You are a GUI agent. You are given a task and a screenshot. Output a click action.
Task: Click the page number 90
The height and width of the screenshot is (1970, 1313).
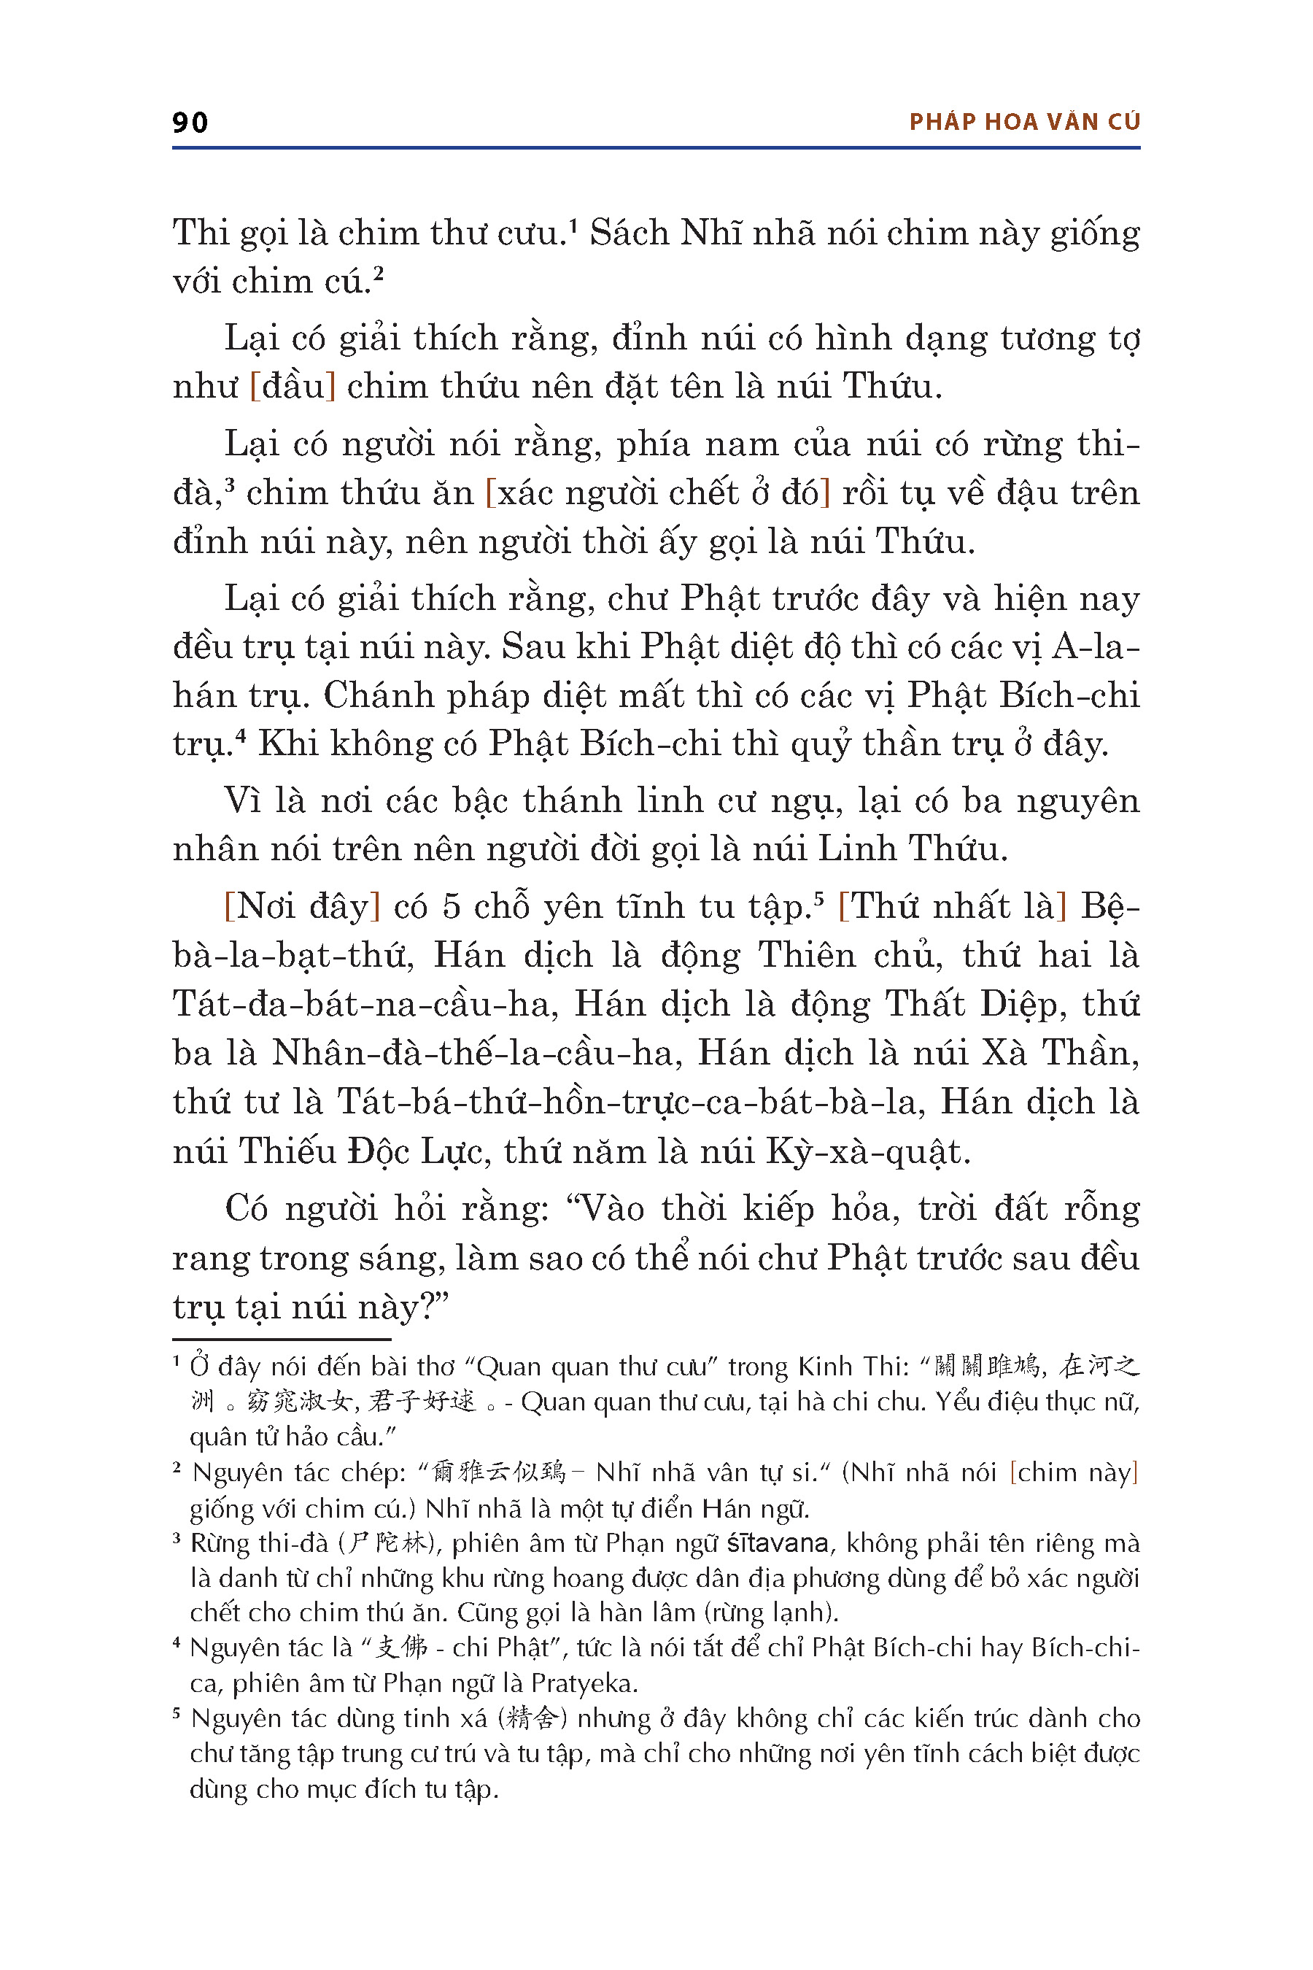(190, 123)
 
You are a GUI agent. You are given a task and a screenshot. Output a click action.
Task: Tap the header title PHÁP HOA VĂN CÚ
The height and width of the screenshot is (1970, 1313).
(1024, 123)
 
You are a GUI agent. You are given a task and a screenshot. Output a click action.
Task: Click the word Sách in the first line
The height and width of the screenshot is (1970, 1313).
(629, 233)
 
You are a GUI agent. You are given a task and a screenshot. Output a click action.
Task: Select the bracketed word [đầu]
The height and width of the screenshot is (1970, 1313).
(293, 386)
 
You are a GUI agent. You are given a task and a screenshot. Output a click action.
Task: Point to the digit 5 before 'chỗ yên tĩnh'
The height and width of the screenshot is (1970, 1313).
(452, 906)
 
